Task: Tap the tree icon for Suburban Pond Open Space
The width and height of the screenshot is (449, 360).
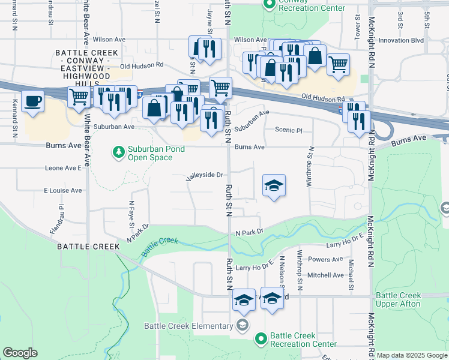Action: click(119, 153)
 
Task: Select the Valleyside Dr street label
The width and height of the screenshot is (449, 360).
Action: click(205, 175)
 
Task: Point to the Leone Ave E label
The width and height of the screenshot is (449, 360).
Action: click(63, 169)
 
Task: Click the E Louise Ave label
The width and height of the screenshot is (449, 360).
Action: click(62, 190)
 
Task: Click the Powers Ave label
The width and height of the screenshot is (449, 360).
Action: click(325, 260)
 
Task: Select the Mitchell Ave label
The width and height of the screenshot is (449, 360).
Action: click(325, 275)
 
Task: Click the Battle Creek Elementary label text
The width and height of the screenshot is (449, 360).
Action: click(188, 326)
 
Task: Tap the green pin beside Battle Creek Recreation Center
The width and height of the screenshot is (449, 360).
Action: click(261, 340)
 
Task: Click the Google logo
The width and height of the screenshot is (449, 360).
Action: click(20, 353)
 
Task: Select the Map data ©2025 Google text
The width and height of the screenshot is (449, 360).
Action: click(411, 355)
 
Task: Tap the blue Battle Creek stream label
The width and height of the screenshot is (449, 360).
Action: click(160, 247)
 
